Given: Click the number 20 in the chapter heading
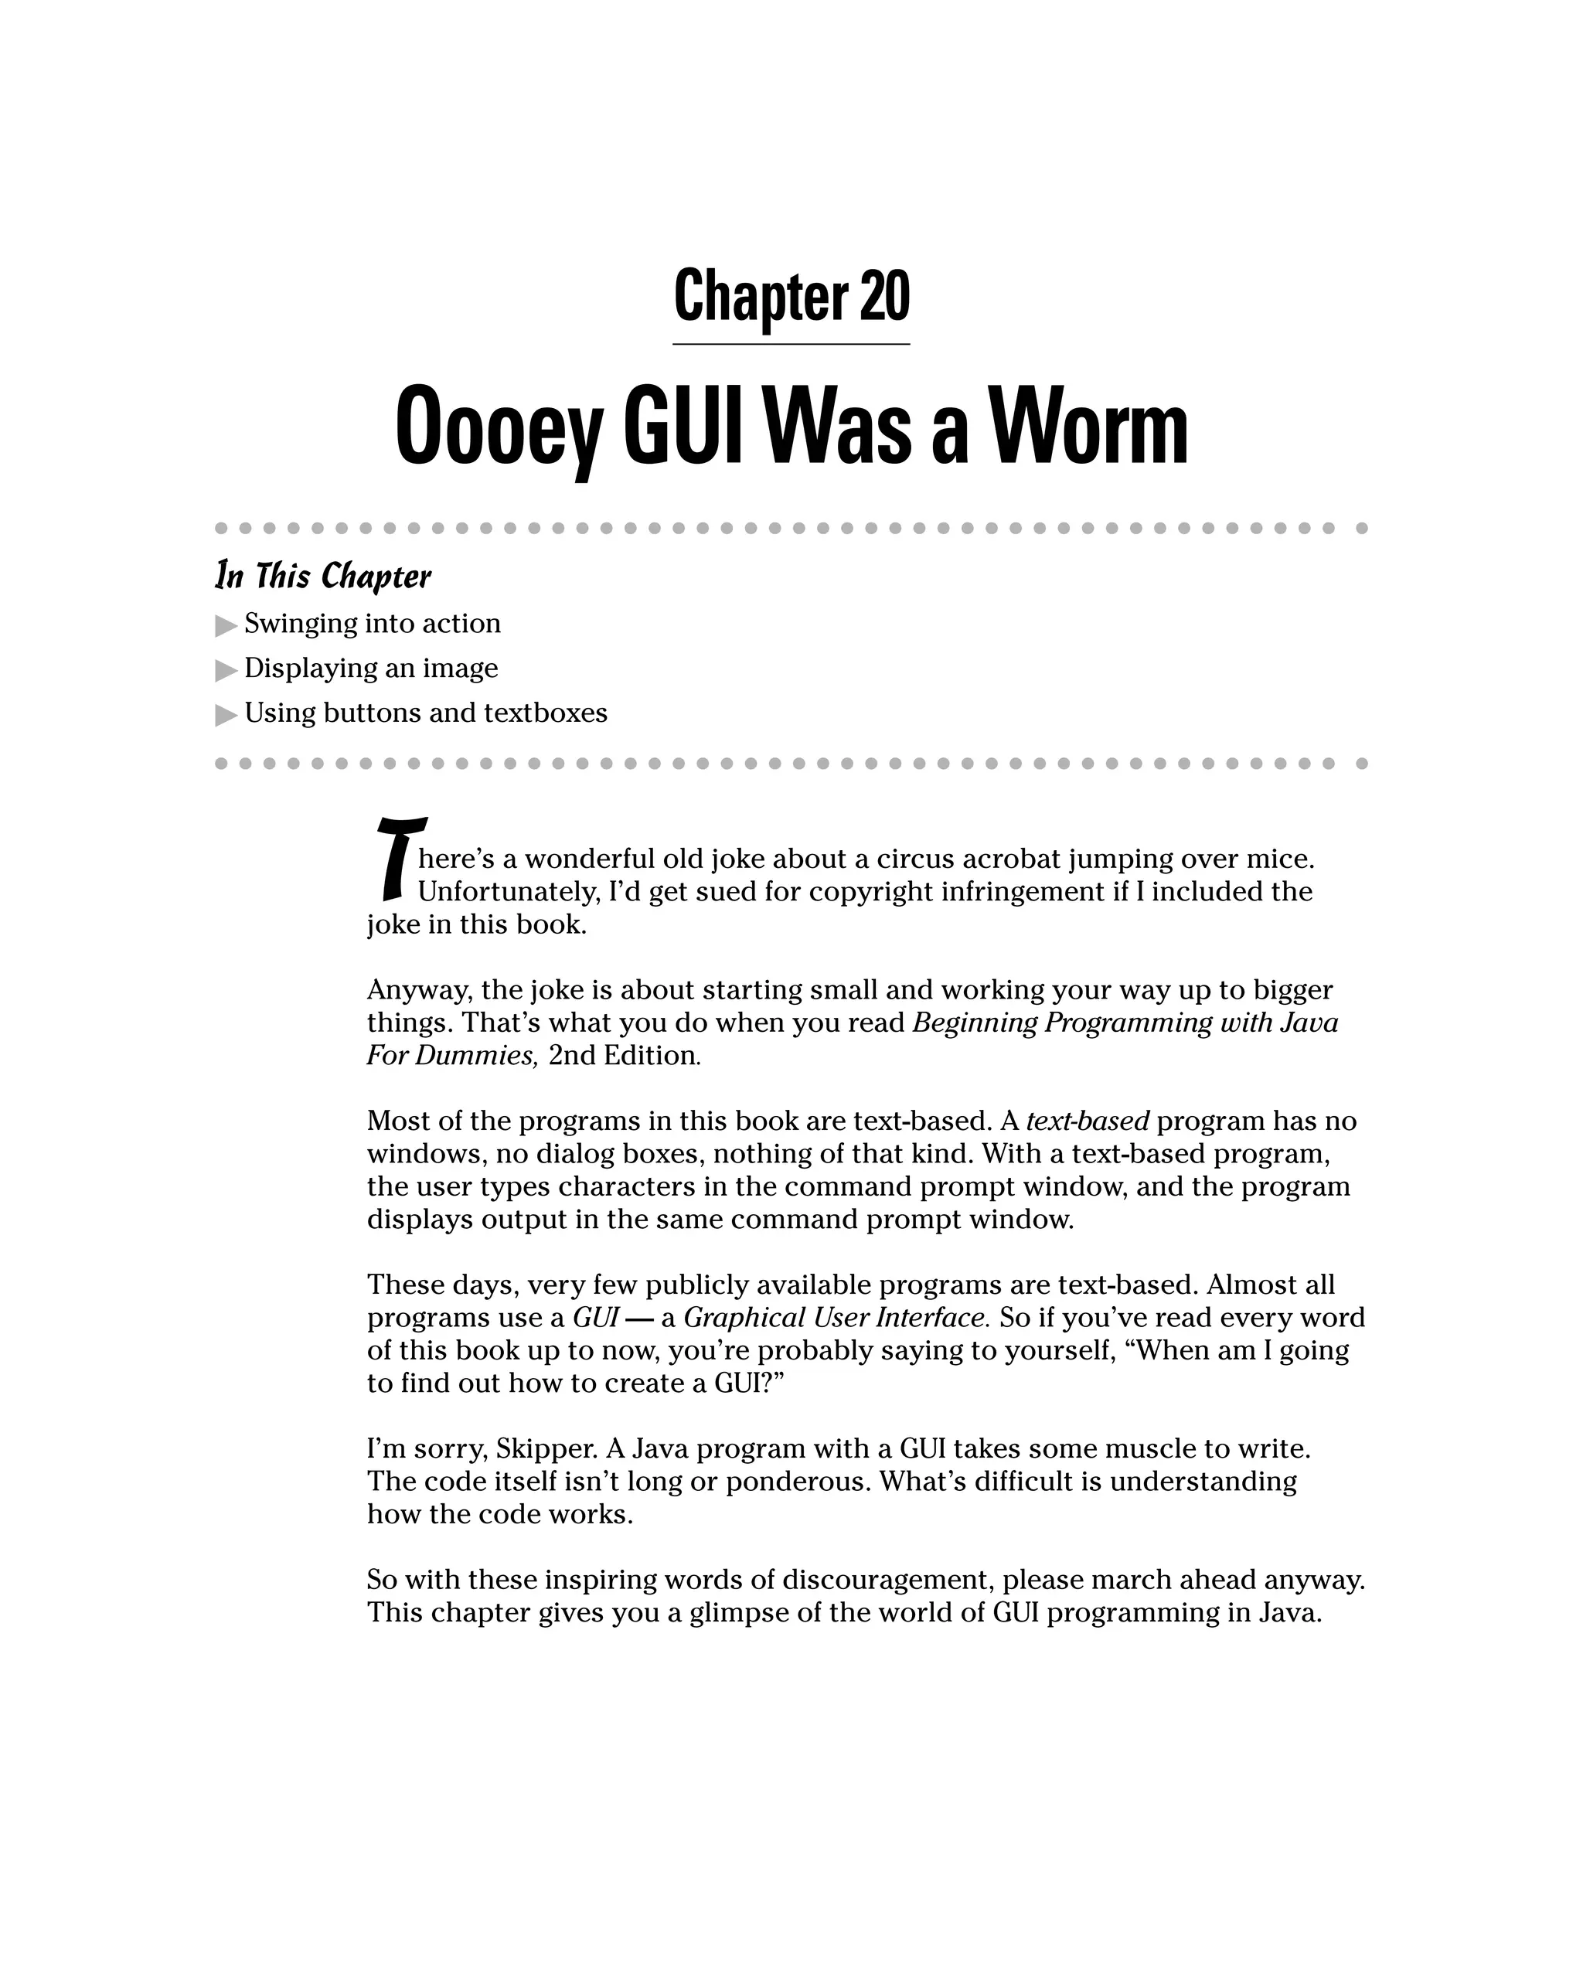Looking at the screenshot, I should tap(884, 296).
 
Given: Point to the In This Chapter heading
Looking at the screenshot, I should tap(323, 576).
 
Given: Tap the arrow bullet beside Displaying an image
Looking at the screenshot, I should tap(226, 670).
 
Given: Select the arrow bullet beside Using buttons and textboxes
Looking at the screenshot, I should tap(226, 715).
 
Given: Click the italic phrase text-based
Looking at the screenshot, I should tap(1087, 1121).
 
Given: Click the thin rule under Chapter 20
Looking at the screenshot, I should tap(791, 344).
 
